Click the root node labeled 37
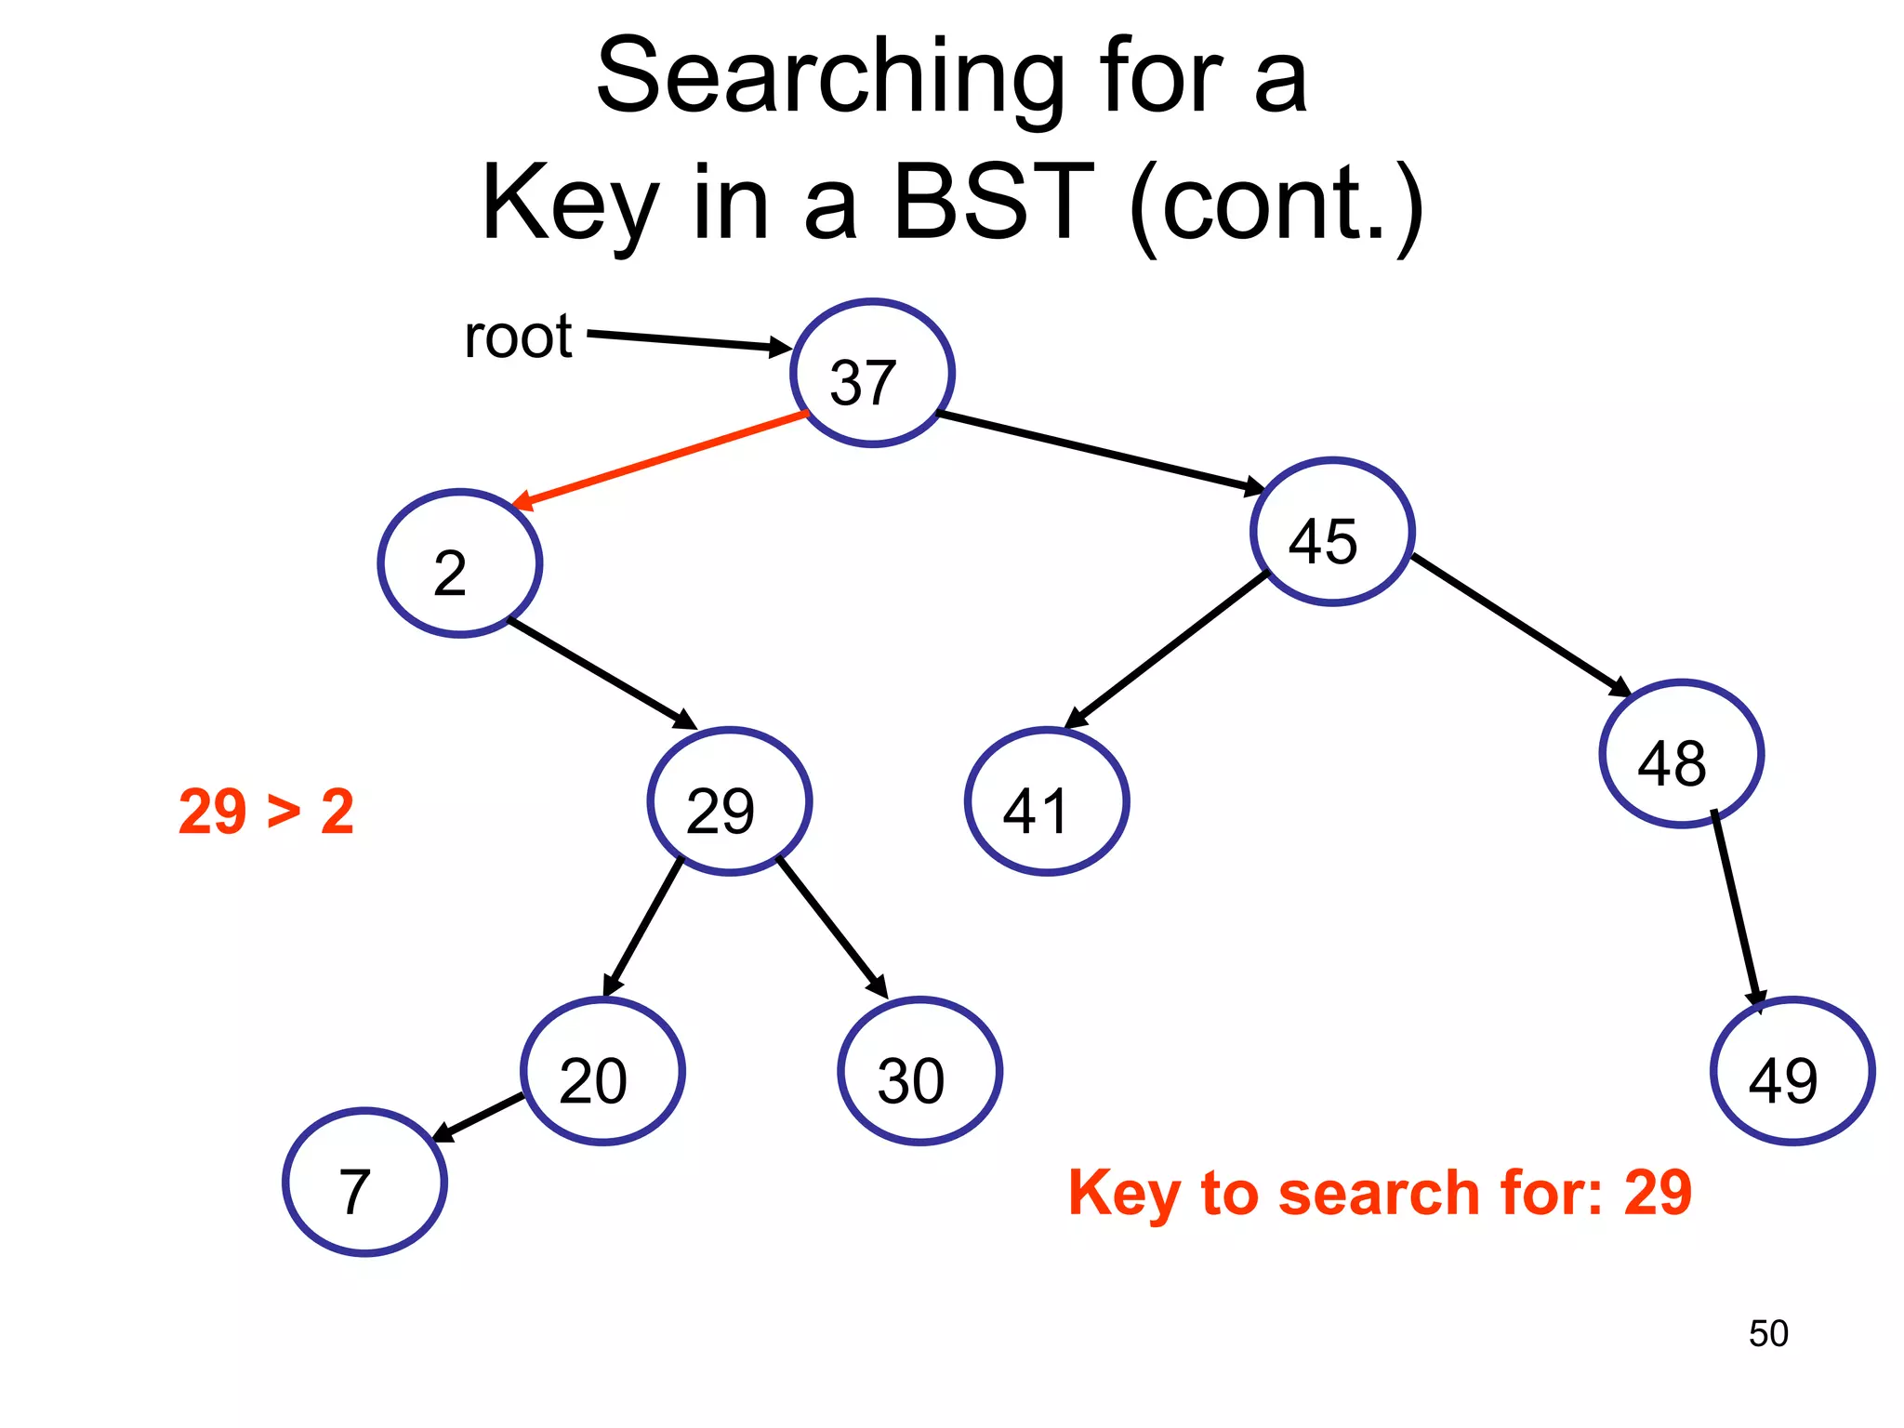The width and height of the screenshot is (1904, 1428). click(872, 373)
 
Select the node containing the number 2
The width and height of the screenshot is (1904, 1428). click(459, 563)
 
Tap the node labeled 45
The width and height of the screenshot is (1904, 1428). click(1332, 532)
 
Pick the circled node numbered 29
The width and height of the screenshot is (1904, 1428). click(730, 801)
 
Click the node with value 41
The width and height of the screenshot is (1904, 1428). click(1047, 801)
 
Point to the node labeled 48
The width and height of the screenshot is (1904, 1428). click(1681, 754)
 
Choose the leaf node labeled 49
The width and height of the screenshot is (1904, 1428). click(1792, 1071)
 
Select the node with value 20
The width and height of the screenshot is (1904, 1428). click(602, 1071)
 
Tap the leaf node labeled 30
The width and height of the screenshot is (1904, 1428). click(919, 1071)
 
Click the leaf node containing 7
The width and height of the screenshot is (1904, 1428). click(364, 1182)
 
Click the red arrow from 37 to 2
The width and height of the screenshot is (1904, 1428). click(660, 460)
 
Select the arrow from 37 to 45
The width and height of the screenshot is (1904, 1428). click(1102, 451)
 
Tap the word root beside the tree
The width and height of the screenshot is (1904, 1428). click(518, 337)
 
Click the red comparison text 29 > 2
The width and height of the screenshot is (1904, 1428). click(266, 812)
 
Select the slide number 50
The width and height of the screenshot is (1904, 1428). click(1767, 1333)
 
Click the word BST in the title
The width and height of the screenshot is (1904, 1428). click(993, 202)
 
